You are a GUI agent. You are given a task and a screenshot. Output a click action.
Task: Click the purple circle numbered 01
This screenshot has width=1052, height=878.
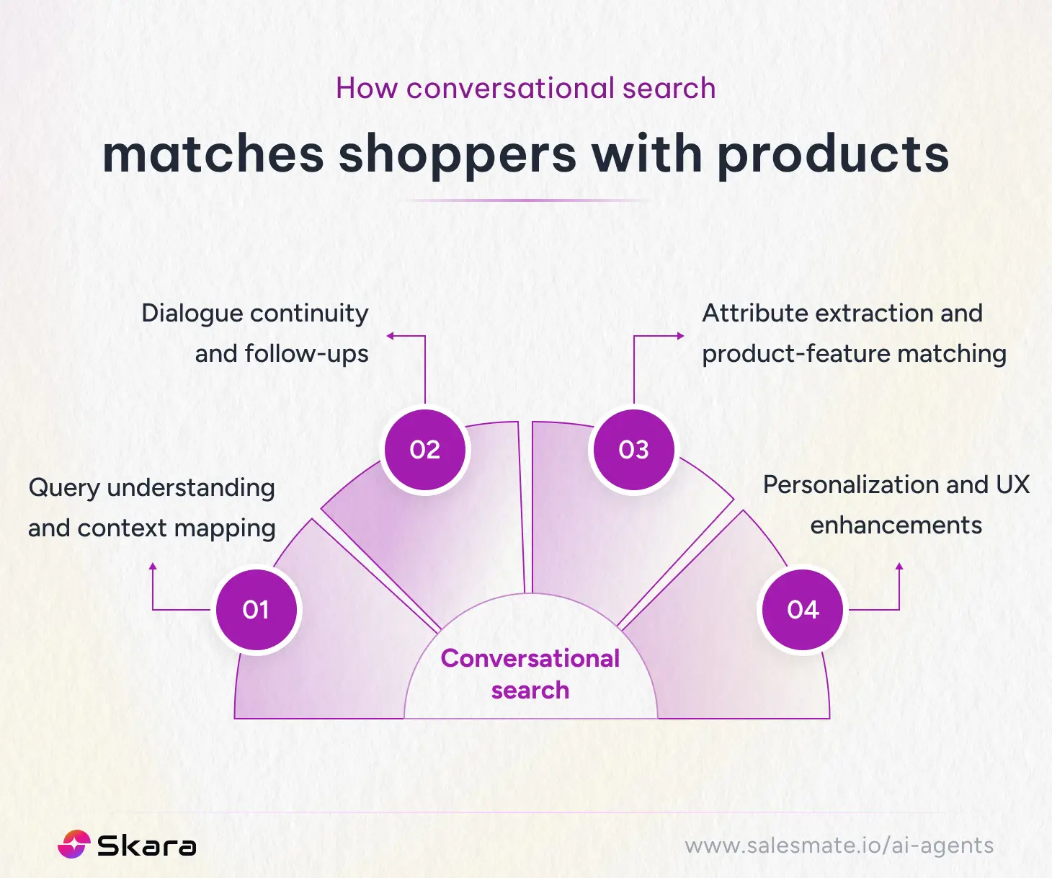pos(256,610)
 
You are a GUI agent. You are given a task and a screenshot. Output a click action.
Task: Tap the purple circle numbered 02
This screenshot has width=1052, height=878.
pos(424,450)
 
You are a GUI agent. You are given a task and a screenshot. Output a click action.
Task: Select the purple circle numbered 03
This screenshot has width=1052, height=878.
pos(633,450)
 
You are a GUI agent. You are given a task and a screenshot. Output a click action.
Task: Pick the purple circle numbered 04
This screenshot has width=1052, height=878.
pos(803,610)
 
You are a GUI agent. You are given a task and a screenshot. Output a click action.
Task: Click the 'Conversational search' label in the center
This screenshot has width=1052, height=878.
pos(530,674)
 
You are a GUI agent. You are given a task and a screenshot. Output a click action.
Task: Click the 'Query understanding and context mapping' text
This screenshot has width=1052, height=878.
pos(152,507)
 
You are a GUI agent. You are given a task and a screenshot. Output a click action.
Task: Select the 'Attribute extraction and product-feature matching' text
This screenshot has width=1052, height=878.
pos(853,333)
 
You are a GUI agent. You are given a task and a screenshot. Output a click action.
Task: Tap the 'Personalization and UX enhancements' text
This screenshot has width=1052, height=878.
pos(896,505)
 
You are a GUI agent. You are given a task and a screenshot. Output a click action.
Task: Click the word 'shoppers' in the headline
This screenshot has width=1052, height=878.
pos(458,155)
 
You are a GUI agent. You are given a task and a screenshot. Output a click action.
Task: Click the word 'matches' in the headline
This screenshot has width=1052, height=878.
pos(213,155)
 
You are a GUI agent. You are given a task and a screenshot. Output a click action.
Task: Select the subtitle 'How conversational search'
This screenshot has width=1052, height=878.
pos(526,88)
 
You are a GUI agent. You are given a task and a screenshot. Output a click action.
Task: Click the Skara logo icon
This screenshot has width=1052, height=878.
pos(73,845)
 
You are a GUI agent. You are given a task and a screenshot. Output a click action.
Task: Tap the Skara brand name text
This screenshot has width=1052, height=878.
pos(146,846)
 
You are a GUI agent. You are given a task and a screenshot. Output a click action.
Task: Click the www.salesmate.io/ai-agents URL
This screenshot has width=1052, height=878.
pos(839,846)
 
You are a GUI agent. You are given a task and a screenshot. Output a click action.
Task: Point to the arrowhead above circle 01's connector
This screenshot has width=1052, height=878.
pos(153,567)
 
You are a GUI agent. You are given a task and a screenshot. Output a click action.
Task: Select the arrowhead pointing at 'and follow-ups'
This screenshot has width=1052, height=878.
pos(391,336)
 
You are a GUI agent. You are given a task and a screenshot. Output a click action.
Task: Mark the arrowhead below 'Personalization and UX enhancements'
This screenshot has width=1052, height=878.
pos(899,567)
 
